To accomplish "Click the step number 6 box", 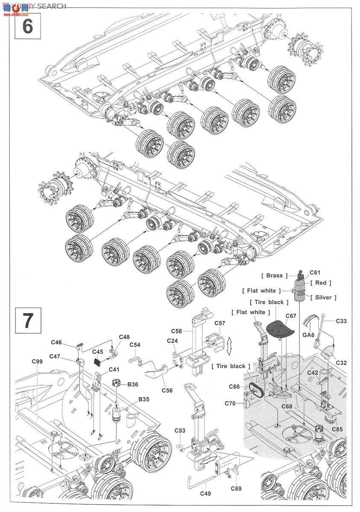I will click(x=27, y=26).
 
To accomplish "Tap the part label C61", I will click(x=315, y=273).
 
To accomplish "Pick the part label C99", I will click(x=37, y=361).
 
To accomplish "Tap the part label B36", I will click(x=132, y=384).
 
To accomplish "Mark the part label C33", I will click(x=341, y=320).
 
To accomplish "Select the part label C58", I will click(x=177, y=331).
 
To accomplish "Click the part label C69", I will click(x=236, y=488).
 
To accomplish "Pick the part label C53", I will click(x=180, y=431).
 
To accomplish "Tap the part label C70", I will click(x=231, y=403).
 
